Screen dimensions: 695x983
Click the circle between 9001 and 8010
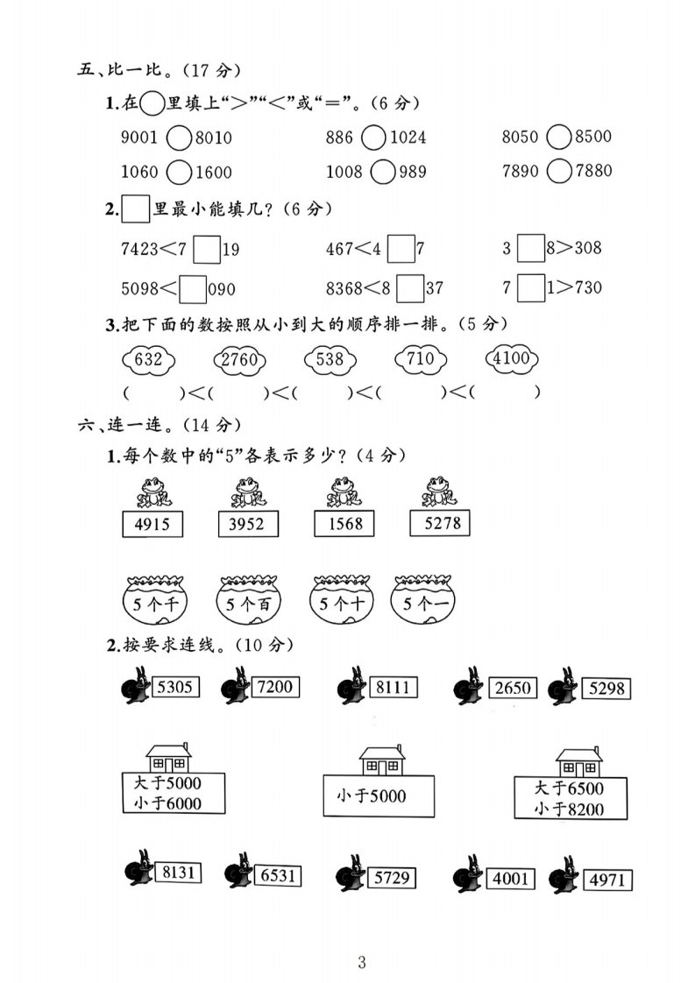pos(179,138)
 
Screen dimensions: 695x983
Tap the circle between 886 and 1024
pos(374,138)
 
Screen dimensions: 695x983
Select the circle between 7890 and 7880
pos(559,171)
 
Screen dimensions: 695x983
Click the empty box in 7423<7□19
pos(207,249)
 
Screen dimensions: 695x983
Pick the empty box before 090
pos(193,289)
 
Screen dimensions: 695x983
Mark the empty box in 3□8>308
pos(530,248)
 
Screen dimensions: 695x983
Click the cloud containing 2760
pos(239,360)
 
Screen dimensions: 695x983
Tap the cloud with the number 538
pos(330,360)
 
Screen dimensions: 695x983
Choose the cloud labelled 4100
pos(512,358)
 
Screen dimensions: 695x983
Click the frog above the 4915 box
pos(153,492)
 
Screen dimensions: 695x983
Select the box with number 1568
pos(344,524)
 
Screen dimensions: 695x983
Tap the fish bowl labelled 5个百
pos(248,601)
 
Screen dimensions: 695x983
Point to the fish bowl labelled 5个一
pos(423,600)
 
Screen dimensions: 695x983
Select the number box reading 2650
pos(513,688)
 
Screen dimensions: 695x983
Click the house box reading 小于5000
pos(379,796)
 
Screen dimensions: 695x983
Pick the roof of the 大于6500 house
pos(579,753)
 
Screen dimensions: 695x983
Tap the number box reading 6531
pos(278,875)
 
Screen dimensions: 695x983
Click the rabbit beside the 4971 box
pos(564,874)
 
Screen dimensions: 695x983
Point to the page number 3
pos(361,962)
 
